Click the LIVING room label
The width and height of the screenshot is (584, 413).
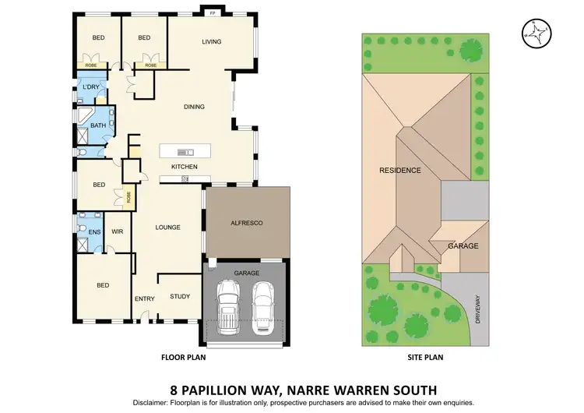(212, 41)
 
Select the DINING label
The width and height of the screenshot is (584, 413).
(194, 107)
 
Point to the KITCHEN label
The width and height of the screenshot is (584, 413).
(185, 167)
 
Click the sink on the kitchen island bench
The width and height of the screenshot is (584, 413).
(185, 151)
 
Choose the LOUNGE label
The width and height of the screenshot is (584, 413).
(167, 228)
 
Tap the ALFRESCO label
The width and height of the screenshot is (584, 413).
(247, 224)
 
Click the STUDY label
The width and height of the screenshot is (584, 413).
(180, 296)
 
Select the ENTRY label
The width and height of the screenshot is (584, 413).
(144, 298)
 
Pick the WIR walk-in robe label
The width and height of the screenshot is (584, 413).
(118, 231)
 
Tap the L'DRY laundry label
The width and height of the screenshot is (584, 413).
(91, 86)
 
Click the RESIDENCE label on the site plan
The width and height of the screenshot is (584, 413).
(400, 170)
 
